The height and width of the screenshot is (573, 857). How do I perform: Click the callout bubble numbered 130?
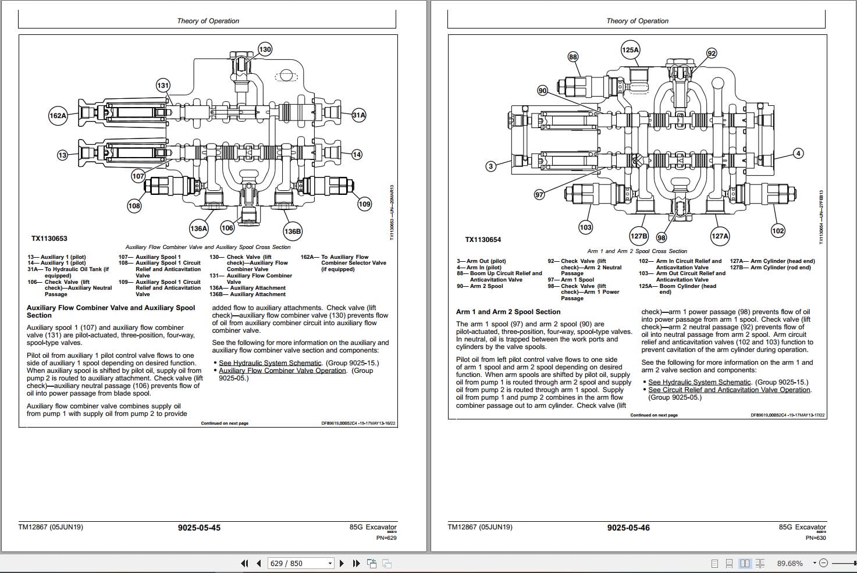click(x=265, y=49)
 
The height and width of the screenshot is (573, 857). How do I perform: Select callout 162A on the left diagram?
click(x=58, y=116)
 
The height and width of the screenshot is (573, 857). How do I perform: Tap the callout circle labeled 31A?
click(x=359, y=115)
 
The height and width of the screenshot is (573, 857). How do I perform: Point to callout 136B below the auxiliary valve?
click(x=292, y=232)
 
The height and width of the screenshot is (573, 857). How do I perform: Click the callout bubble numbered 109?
click(x=364, y=204)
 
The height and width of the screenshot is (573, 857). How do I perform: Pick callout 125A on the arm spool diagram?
click(x=630, y=50)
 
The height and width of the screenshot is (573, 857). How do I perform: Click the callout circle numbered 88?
click(x=573, y=56)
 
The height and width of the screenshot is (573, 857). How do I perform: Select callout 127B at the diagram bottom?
click(x=638, y=236)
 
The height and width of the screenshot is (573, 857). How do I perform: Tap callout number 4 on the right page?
click(x=798, y=154)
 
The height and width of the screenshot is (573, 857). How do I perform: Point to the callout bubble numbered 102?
click(x=778, y=230)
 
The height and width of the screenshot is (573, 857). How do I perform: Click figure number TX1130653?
click(x=49, y=239)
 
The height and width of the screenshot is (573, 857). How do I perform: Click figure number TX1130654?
click(x=483, y=240)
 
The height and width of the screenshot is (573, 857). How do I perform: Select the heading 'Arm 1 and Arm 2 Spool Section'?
click(x=508, y=312)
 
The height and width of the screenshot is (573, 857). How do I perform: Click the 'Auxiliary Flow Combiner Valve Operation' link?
click(x=282, y=371)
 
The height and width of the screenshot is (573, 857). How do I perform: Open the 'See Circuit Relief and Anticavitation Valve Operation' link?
click(x=729, y=390)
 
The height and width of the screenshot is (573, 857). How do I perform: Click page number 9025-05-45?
click(x=199, y=528)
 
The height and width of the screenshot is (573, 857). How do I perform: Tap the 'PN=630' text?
click(x=816, y=538)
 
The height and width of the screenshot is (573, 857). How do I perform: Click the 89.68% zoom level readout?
click(x=790, y=563)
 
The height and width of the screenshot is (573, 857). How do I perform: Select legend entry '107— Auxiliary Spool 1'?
click(x=150, y=257)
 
